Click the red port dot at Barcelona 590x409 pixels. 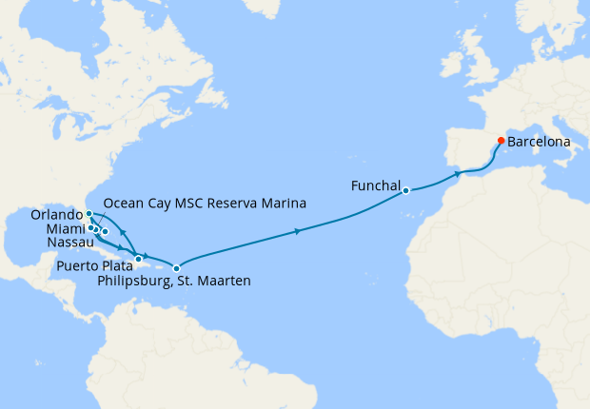(501, 141)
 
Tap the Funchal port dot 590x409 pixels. (405, 190)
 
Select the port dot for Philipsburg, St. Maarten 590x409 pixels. (176, 268)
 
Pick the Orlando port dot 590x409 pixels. (88, 214)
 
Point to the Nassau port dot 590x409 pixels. (105, 231)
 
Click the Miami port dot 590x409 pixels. (90, 227)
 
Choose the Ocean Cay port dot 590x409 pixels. (97, 230)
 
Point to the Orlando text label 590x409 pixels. (58, 216)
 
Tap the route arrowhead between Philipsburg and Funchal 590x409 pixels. (299, 231)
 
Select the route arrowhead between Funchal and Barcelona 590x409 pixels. (459, 174)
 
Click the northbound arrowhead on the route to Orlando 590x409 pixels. (123, 231)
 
